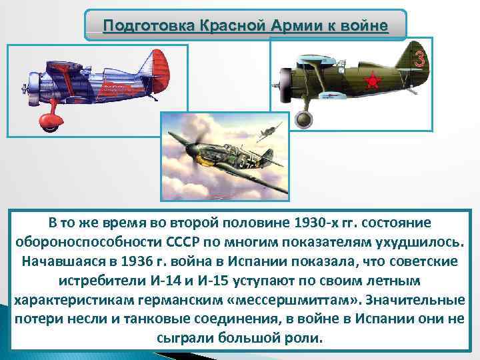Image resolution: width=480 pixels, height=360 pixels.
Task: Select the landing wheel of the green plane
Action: point(304,119)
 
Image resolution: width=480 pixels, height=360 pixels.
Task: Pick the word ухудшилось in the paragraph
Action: point(419,239)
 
